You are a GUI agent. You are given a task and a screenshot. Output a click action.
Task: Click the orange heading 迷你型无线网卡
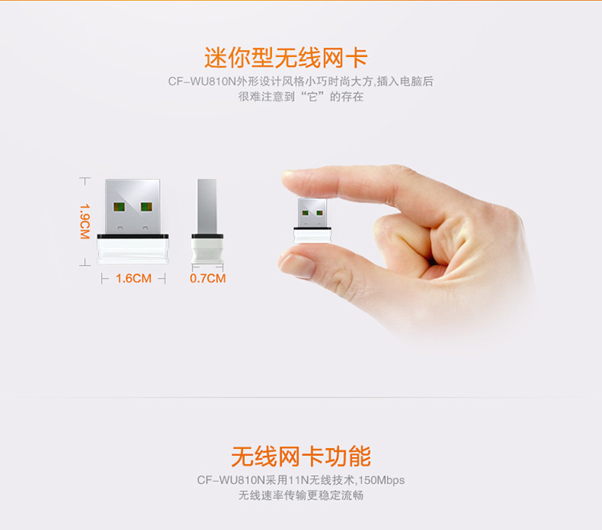[286, 58]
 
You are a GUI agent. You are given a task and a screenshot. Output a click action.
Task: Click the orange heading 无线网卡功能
[301, 456]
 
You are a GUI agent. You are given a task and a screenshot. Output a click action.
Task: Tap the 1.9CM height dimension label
[84, 221]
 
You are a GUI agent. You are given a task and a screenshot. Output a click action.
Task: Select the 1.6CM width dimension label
[133, 279]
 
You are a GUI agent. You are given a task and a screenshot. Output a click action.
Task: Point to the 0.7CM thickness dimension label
[208, 278]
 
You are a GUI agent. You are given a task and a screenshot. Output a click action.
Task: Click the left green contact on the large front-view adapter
[119, 207]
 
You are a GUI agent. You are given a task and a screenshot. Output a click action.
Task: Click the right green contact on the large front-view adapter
[146, 207]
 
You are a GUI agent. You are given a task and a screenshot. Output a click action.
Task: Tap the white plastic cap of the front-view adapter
[132, 251]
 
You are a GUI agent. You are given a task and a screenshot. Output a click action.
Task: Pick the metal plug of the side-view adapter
[207, 206]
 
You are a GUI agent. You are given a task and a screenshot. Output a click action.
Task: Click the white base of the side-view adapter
[207, 251]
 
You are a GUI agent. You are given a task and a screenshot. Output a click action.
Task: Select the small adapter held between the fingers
[312, 221]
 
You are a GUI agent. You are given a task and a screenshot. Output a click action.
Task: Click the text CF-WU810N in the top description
[202, 81]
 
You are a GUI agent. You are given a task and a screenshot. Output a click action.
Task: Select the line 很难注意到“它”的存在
[301, 96]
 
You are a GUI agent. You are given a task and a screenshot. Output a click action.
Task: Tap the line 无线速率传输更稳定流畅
[301, 495]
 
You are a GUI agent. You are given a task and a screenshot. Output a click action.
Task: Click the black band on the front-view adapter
[132, 236]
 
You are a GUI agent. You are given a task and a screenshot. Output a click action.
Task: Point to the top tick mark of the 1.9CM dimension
[85, 178]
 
